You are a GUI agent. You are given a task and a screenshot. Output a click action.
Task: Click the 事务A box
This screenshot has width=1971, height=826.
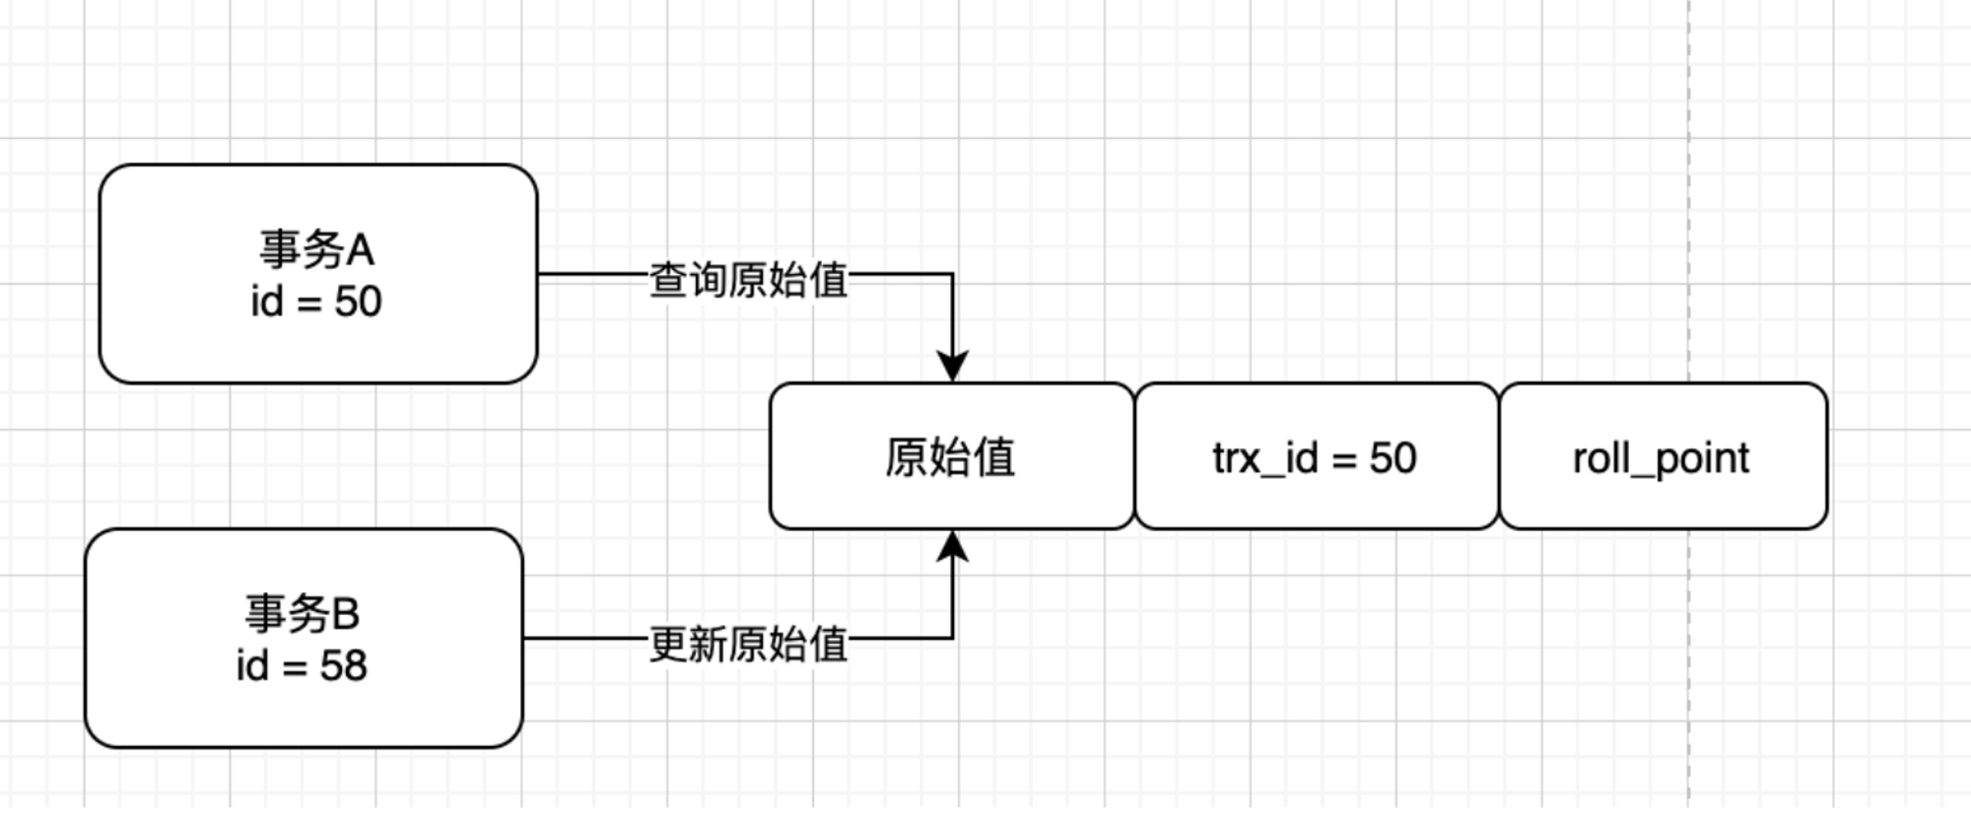click(x=318, y=274)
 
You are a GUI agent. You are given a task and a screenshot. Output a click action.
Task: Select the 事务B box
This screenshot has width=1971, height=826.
click(x=304, y=639)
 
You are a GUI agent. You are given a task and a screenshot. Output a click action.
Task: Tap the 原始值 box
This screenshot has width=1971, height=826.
click(x=952, y=456)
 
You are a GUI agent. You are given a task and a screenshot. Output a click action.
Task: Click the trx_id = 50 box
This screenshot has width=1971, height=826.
click(x=1317, y=456)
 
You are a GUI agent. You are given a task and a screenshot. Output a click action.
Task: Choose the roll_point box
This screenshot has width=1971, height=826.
click(x=1664, y=456)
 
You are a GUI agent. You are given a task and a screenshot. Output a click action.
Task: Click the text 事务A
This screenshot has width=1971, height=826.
click(x=316, y=249)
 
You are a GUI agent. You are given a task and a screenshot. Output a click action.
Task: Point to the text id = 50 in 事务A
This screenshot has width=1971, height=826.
click(x=316, y=302)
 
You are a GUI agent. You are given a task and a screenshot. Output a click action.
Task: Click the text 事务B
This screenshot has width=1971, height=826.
click(x=303, y=614)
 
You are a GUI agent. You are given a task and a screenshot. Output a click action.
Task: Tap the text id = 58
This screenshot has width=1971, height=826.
click(x=302, y=666)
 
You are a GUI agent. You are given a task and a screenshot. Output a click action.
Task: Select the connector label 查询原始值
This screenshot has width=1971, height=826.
click(x=749, y=280)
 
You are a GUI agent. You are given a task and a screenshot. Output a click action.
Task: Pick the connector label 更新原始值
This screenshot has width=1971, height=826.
click(x=749, y=645)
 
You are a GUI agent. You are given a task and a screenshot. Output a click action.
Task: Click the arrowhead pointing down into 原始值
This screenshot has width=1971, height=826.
click(x=952, y=366)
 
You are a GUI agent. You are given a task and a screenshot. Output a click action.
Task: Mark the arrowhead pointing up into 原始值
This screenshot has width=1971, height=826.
click(x=952, y=547)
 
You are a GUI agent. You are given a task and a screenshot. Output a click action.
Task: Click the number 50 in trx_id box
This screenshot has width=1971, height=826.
click(x=1393, y=458)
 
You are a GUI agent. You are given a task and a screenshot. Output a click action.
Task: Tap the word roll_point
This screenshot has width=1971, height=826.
click(x=1662, y=459)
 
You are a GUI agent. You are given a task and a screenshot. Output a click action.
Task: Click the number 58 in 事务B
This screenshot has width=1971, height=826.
click(x=343, y=666)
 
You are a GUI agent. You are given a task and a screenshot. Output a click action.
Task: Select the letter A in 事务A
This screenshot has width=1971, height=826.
click(x=360, y=249)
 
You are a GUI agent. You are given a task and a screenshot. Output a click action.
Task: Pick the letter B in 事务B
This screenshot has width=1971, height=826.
click(x=346, y=614)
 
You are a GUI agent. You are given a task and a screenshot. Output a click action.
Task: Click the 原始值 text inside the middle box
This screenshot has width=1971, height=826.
click(x=950, y=457)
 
